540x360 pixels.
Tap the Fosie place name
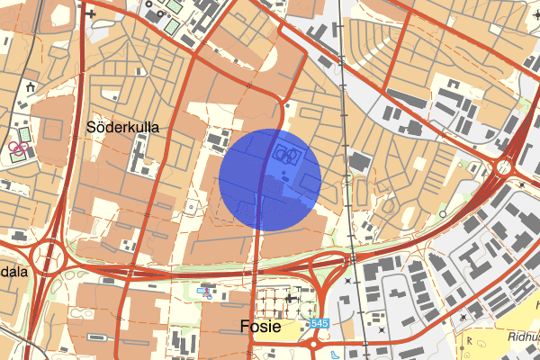point(260,327)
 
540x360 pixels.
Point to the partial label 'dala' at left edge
point(13,271)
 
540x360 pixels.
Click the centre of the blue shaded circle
point(271,178)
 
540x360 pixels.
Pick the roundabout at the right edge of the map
point(502,166)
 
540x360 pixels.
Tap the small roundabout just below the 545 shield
point(314,343)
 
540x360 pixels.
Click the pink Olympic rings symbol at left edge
point(17,147)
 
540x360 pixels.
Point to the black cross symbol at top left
point(90,14)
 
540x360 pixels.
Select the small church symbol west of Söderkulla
point(31,88)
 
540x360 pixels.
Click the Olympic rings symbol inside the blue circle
point(285,153)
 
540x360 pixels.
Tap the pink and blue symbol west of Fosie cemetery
point(206,292)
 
